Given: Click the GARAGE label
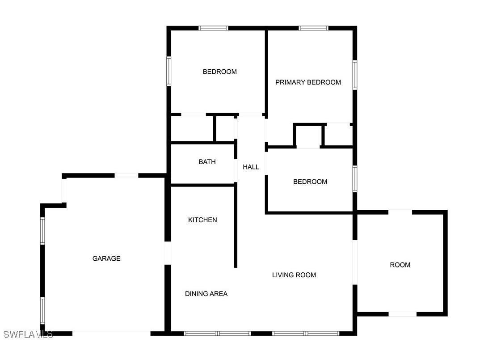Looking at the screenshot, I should pos(106,258).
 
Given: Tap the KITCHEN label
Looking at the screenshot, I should pos(202,220).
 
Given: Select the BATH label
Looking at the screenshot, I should pos(207,162).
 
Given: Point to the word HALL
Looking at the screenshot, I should pos(251,167).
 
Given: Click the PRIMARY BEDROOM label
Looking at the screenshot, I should pos(308,82).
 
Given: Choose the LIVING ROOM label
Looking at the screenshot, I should pos(294,275).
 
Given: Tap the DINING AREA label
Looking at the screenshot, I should pos(206,294).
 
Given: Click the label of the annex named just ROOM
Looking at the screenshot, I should pos(400,265).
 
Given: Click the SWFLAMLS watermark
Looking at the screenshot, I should pos(28,334).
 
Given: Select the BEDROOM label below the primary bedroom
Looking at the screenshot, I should pos(310,182).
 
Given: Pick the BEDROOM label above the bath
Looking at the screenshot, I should pos(219,72).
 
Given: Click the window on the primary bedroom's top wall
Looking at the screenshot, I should pos(313,28).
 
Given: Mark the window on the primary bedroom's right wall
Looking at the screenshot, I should pos(355,75).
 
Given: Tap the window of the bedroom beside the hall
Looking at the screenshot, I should pos(355,179).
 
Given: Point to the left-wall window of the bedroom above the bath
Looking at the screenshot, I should pos(169,71).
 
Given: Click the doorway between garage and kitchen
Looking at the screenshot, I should pos(168,253).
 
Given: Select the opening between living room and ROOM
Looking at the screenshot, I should pos(355,263).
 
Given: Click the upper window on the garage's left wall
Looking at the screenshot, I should pos(43,231).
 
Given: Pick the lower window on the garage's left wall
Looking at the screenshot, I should pos(43,310).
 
